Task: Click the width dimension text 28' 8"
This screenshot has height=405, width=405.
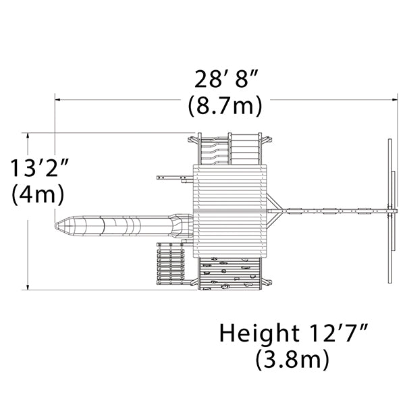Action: [x=226, y=79]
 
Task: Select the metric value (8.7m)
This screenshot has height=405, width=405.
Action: [x=225, y=106]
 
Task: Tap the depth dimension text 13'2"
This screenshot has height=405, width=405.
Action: [x=39, y=168]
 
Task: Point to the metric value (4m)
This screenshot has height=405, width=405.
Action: [x=38, y=195]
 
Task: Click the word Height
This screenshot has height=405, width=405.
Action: [x=259, y=334]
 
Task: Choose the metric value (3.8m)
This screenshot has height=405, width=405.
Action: [x=292, y=359]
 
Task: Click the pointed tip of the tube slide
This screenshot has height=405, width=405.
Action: [x=55, y=226]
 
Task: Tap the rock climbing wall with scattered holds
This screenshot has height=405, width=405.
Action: [x=230, y=273]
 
